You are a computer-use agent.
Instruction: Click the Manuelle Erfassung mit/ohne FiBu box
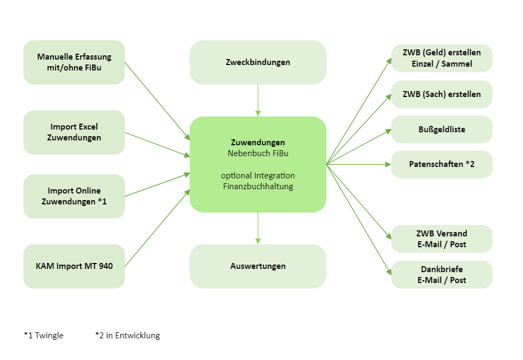pos(74,62)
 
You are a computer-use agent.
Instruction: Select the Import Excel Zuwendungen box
pos(74,132)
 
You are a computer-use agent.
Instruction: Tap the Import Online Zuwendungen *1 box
pos(74,196)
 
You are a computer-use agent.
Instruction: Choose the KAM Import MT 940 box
pos(74,266)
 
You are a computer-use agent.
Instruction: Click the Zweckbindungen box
pos(258,62)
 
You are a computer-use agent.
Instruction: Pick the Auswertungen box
pos(258,266)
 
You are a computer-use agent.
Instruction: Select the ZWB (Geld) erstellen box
pos(442,58)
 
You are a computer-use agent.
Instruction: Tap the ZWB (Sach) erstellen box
pos(442,94)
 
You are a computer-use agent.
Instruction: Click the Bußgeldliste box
pos(442,130)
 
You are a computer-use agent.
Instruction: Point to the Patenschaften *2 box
pos(442,164)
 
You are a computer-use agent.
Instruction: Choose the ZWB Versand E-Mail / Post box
pos(442,239)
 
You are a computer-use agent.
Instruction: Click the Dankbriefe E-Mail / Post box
pos(442,274)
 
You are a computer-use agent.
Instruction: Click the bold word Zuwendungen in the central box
pos(258,143)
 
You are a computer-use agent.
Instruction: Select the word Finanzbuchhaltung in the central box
pos(258,187)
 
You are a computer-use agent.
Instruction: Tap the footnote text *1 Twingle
pos(43,336)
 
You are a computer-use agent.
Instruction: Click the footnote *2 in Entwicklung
pos(127,336)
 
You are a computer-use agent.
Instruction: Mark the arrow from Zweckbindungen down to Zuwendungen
pos(258,100)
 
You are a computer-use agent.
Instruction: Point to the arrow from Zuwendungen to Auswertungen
pos(258,228)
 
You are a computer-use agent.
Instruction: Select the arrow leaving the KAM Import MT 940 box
pos(157,228)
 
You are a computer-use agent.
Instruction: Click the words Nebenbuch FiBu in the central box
pos(258,153)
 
